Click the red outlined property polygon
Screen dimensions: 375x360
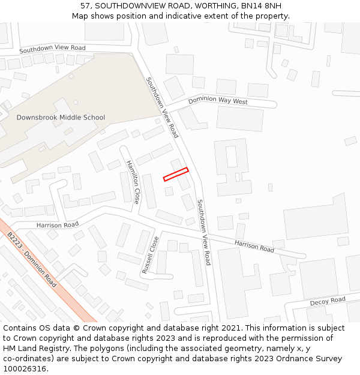(x=176, y=174)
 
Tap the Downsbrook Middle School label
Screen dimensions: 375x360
(x=61, y=118)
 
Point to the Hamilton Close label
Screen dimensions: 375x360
(x=133, y=182)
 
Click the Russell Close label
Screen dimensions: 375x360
(x=151, y=256)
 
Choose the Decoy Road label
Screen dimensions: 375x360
(x=328, y=301)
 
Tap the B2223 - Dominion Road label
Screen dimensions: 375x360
(x=32, y=260)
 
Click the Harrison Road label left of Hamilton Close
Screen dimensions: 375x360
(x=58, y=225)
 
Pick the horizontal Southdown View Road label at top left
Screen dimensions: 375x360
(x=52, y=49)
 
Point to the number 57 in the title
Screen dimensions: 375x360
(x=85, y=6)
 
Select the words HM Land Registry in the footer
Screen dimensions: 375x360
(x=31, y=349)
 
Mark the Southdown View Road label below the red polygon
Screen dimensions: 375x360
(x=205, y=232)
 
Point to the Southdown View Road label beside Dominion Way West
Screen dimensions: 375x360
(x=162, y=107)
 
